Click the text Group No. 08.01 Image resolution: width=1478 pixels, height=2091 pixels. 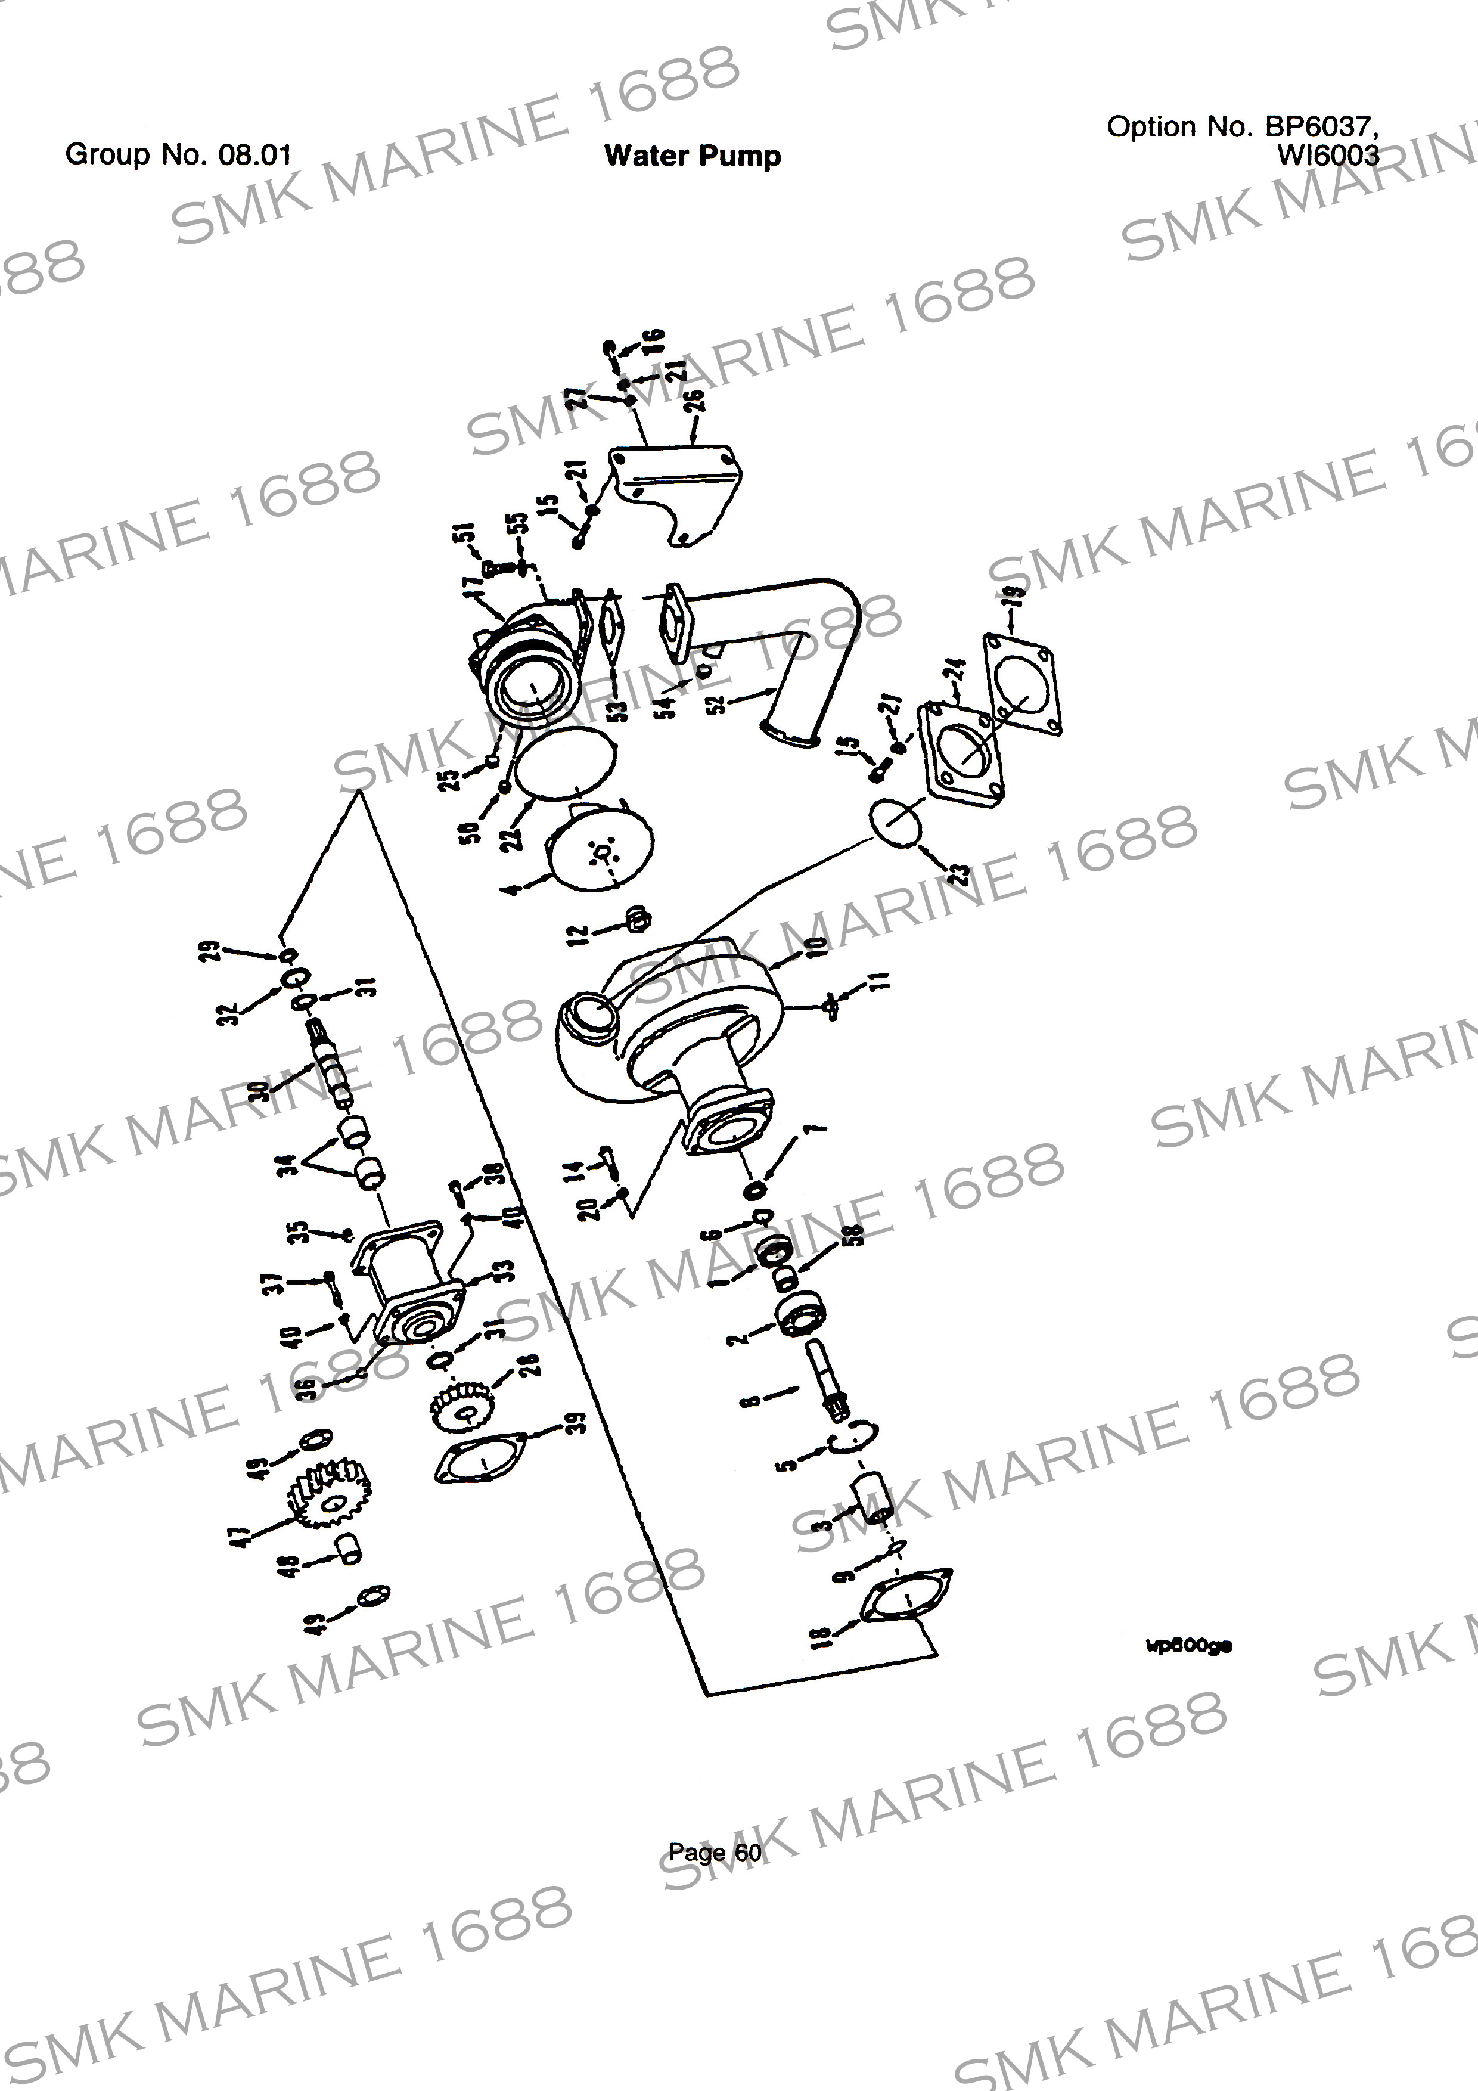178,154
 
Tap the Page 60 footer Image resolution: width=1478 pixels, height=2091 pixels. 715,1851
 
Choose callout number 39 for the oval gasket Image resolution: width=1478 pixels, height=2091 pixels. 575,1422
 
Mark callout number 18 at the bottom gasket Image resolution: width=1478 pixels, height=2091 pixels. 822,1637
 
